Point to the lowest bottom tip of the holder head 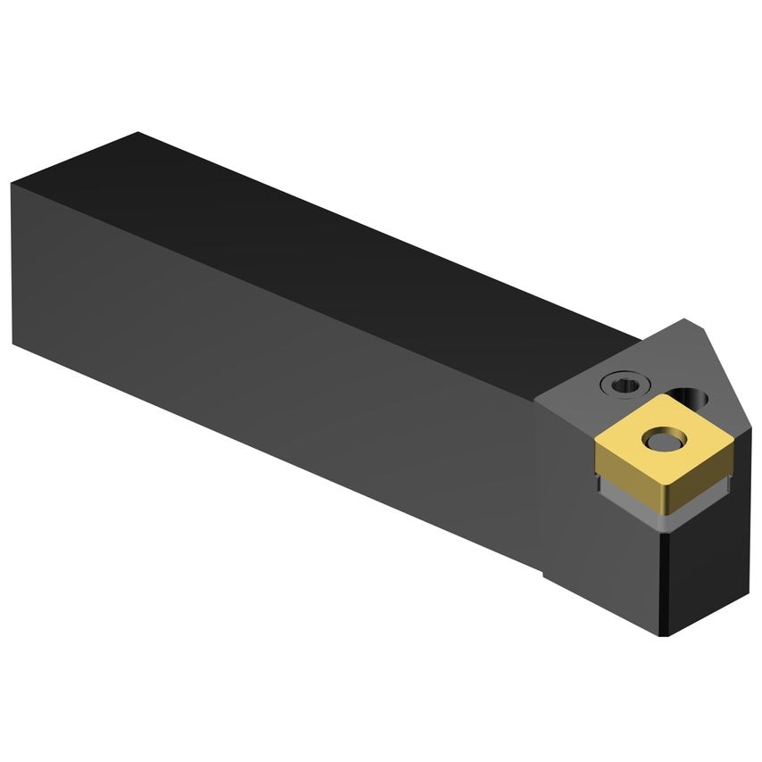click(x=667, y=636)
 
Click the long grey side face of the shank click(x=268, y=357)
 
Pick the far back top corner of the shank click(x=138, y=133)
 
